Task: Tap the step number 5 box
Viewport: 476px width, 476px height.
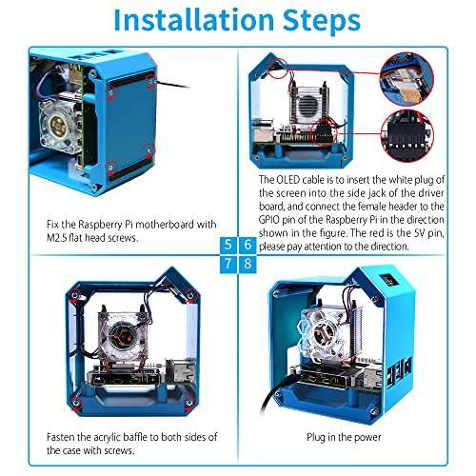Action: click(x=228, y=245)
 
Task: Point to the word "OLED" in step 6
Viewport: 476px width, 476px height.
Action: click(x=289, y=178)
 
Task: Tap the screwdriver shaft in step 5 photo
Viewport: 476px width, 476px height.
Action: click(x=171, y=85)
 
